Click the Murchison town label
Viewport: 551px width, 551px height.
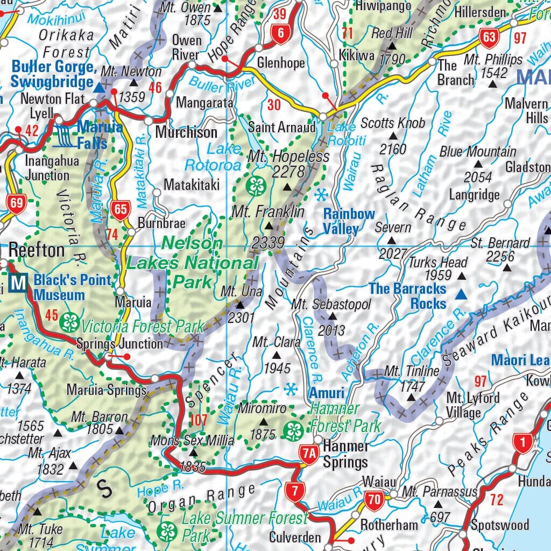click(x=186, y=132)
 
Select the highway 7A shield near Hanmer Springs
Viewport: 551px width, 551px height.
click(x=309, y=454)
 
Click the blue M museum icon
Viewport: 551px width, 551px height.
click(x=19, y=281)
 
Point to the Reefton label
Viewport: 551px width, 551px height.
click(x=37, y=250)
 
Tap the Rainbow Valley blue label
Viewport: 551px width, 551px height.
click(x=349, y=221)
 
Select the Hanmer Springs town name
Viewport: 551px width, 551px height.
click(x=345, y=454)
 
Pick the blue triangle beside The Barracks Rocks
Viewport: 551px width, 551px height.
click(x=461, y=294)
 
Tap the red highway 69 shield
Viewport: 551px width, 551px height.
click(x=16, y=203)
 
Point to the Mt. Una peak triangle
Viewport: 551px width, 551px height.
click(x=241, y=305)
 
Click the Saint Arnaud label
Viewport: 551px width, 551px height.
click(x=281, y=128)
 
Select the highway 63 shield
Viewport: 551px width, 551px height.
click(x=489, y=38)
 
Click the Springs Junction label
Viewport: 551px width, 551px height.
click(x=119, y=343)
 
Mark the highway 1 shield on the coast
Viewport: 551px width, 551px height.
click(x=521, y=442)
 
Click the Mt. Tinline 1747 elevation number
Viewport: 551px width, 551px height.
click(x=414, y=386)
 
